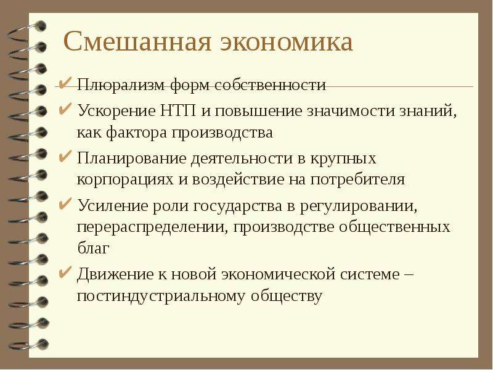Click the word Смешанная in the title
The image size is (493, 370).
coord(137,41)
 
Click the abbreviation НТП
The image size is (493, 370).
coord(179,111)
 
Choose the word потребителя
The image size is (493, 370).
coord(358,179)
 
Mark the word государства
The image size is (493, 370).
coord(238,207)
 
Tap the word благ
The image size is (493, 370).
coord(93,249)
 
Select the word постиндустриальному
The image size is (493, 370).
coord(161,297)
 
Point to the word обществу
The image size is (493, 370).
coord(287,297)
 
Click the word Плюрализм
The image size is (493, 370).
coord(121,85)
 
